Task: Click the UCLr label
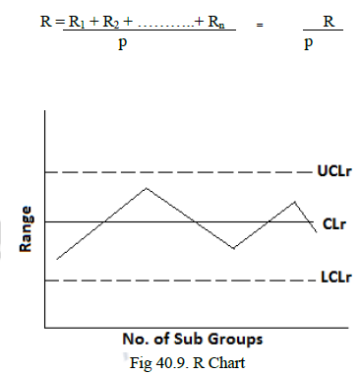pos(332,172)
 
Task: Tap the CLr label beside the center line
pos(333,223)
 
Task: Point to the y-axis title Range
pos(28,229)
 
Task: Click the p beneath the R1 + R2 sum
pos(122,46)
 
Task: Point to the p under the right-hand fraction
pos(310,46)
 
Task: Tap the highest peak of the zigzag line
pos(147,188)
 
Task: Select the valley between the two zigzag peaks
pos(233,248)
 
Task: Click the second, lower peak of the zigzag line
pos(295,202)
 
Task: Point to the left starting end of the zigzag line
pos(58,259)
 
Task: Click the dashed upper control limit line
pos(177,172)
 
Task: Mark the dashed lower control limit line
pos(177,280)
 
